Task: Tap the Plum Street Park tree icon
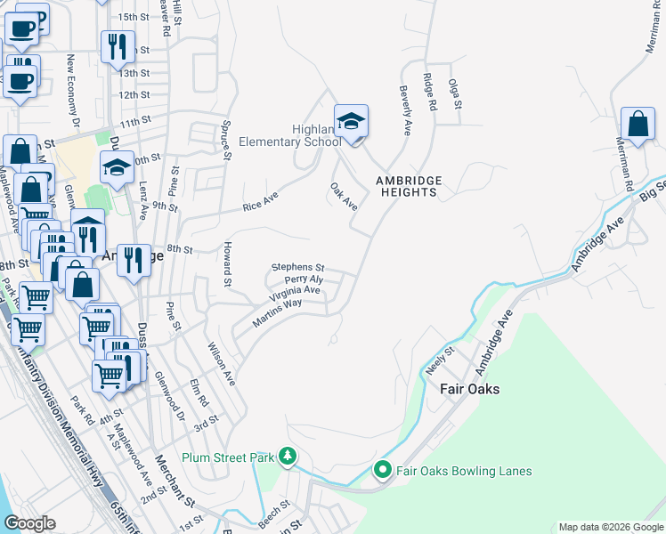tap(288, 457)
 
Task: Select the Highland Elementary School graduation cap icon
tap(351, 123)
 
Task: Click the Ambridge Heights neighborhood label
tap(408, 186)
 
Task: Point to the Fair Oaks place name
tap(469, 389)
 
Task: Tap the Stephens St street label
tap(298, 266)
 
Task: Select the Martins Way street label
tap(276, 315)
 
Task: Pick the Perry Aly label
tap(303, 279)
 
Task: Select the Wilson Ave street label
tap(221, 364)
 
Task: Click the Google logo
tap(29, 523)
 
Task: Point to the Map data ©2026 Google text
tap(610, 527)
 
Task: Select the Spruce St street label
tap(227, 142)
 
